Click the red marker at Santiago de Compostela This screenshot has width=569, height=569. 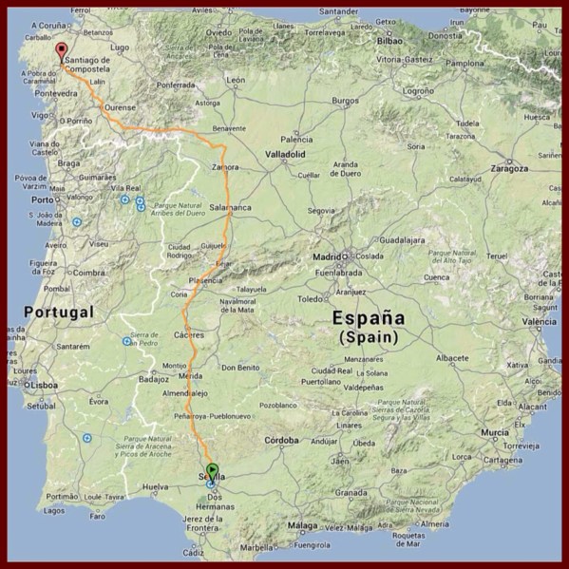[x=62, y=51]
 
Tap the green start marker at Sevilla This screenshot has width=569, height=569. [x=212, y=469]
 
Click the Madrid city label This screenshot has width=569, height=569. [x=326, y=256]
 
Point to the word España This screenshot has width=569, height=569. [x=369, y=319]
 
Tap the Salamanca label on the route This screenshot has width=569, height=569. [x=230, y=207]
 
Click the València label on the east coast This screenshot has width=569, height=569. [x=539, y=322]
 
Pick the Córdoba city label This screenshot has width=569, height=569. [x=281, y=441]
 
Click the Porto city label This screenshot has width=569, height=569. [x=41, y=199]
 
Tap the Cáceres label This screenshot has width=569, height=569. [x=190, y=335]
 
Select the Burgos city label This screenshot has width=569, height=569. [x=346, y=101]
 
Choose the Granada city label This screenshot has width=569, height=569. [x=351, y=493]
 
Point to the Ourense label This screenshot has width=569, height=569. [x=120, y=107]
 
